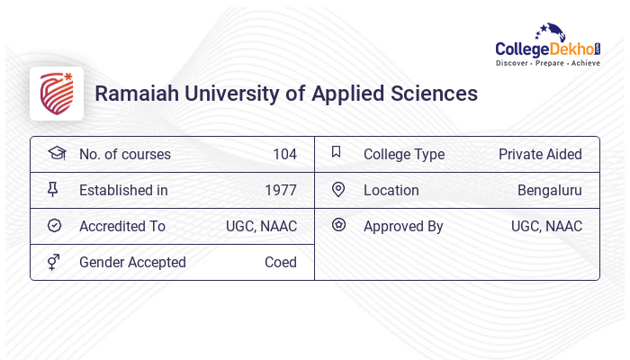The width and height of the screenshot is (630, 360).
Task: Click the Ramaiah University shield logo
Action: tap(57, 94)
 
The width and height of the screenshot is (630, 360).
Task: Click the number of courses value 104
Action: tap(284, 154)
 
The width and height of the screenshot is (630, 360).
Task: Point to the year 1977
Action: tap(281, 190)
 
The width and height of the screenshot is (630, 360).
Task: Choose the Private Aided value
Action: tap(540, 154)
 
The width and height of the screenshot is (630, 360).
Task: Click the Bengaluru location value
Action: tap(549, 190)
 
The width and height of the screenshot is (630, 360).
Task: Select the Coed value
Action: tap(281, 262)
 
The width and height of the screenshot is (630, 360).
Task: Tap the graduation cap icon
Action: tap(56, 153)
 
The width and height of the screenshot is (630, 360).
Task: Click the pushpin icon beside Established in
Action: tap(53, 189)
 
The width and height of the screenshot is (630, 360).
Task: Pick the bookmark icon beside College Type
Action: tap(337, 152)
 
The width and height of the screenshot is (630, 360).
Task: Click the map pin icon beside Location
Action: tap(338, 189)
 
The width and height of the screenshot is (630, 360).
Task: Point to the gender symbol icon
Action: tap(54, 261)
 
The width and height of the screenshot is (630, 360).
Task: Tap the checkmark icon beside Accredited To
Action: tap(54, 225)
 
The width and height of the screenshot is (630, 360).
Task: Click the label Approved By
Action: tap(403, 226)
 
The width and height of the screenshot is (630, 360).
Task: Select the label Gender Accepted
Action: tap(132, 262)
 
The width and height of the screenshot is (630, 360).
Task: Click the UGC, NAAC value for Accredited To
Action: tap(261, 226)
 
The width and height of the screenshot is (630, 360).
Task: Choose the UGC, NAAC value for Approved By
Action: tap(546, 226)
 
